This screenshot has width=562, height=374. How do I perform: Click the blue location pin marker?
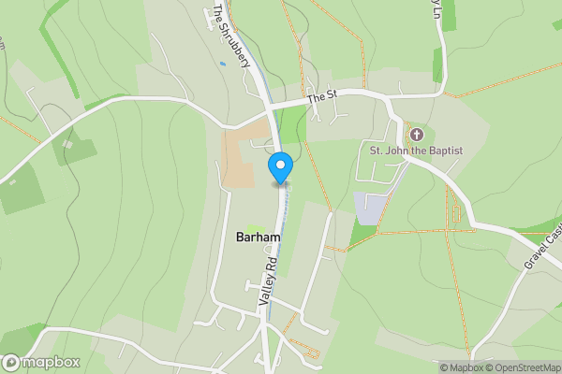tap(280, 166)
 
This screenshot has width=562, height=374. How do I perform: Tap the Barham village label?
tap(258, 237)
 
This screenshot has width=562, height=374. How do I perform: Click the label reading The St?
tap(321, 95)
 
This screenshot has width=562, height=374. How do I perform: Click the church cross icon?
tap(417, 135)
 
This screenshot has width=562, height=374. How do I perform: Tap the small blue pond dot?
tap(222, 64)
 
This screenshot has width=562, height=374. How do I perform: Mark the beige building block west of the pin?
tap(238, 159)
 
